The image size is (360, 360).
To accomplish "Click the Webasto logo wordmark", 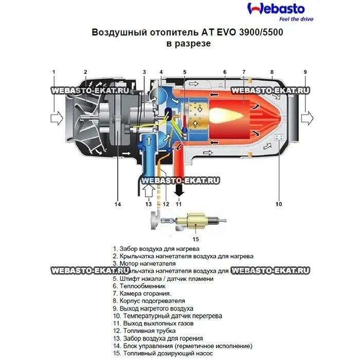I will tap(276, 9).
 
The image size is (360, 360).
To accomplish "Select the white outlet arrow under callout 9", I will tap(307, 118).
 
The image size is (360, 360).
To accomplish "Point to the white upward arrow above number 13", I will tap(148, 192).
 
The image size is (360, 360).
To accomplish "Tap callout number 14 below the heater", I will tap(117, 204).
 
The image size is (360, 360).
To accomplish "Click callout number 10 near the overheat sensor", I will tap(278, 204).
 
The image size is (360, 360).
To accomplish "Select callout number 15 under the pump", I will tap(195, 239).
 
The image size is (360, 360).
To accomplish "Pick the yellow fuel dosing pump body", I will tap(195, 222).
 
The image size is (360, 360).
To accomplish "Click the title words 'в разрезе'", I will tap(188, 44).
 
